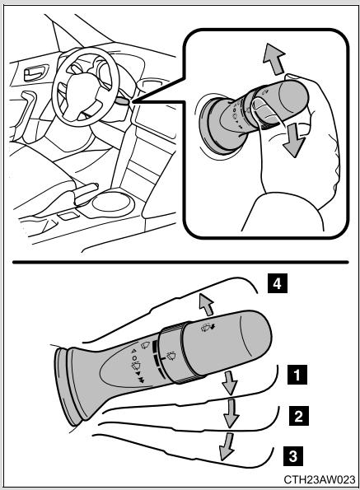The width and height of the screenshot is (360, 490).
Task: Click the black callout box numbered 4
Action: point(277,283)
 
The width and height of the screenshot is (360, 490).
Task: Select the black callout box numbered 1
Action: point(297,374)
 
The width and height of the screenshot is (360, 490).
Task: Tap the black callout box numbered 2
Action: point(299,416)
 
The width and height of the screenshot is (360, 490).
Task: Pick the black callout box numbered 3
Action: point(293,456)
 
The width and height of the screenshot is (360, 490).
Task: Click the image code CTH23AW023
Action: point(320,479)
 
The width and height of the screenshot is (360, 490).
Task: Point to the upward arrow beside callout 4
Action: point(207,305)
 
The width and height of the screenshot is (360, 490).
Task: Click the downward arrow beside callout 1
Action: point(231,383)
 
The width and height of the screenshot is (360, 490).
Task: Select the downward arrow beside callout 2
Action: point(231,413)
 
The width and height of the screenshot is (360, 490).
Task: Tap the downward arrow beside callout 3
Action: point(227,446)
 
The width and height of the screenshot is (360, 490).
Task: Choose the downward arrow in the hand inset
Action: point(294,140)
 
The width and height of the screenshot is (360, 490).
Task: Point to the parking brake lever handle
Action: point(85,191)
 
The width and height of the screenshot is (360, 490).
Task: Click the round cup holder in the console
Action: point(111,203)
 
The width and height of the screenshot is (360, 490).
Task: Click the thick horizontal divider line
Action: point(180,262)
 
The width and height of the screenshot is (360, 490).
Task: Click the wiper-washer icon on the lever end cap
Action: point(208,328)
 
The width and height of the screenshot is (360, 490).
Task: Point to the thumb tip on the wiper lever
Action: point(258,102)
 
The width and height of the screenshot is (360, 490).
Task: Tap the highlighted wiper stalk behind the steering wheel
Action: point(122,101)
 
